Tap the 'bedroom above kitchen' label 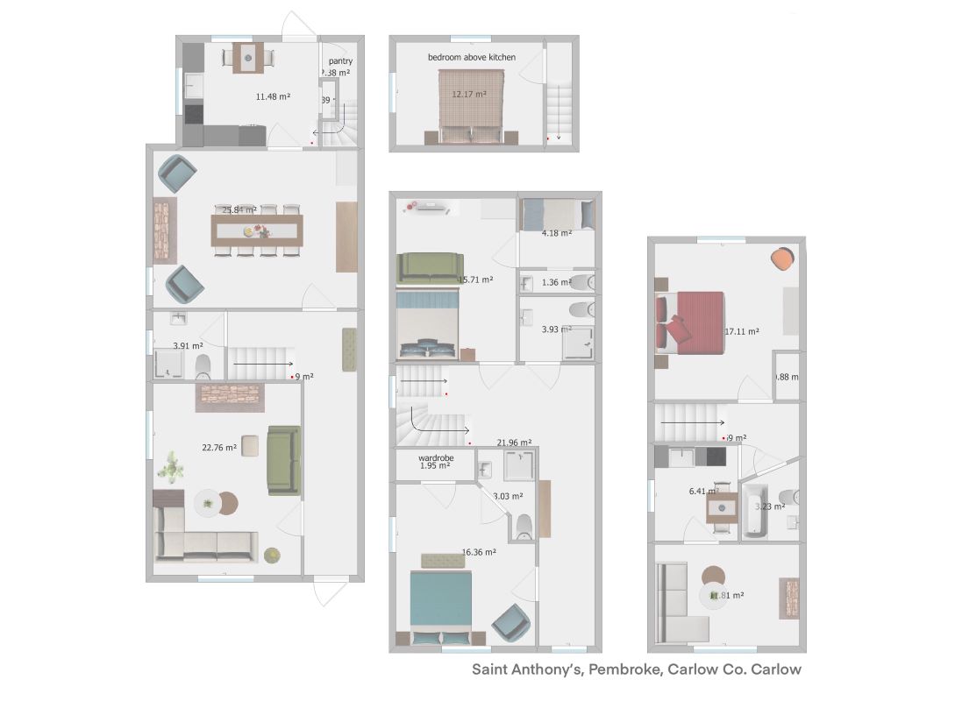(472, 57)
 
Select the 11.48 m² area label (273, 96)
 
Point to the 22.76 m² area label (219, 448)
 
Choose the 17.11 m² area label (742, 332)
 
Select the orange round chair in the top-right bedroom (782, 258)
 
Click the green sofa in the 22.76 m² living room (284, 459)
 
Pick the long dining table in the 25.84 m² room (257, 231)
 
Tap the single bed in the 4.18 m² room (556, 214)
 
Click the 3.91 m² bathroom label (186, 346)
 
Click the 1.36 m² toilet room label (556, 282)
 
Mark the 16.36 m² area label (479, 552)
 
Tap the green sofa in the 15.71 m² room (430, 267)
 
